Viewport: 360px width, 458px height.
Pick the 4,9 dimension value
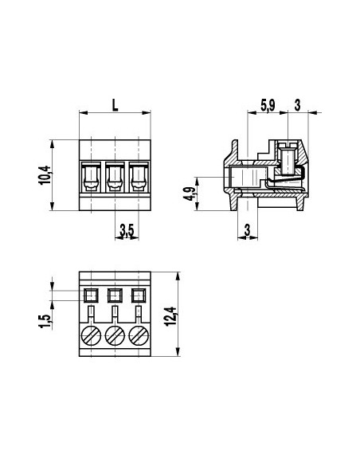pyautogui.click(x=188, y=194)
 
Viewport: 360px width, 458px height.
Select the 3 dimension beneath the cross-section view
pyautogui.click(x=247, y=231)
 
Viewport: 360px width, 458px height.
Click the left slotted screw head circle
pyautogui.click(x=90, y=335)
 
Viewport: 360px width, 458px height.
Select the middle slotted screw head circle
pyautogui.click(x=115, y=335)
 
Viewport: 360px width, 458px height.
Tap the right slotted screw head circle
pyautogui.click(x=139, y=335)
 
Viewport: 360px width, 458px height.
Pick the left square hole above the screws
pyautogui.click(x=90, y=294)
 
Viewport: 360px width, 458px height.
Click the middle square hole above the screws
pyautogui.click(x=115, y=294)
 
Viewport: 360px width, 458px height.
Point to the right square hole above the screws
pyautogui.click(x=139, y=294)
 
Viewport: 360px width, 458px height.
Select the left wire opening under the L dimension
pyautogui.click(x=90, y=176)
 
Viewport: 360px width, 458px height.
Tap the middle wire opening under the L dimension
pyautogui.click(x=115, y=176)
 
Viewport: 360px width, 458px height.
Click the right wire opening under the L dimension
pyautogui.click(x=139, y=176)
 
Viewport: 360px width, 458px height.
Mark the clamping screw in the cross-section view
pyautogui.click(x=288, y=159)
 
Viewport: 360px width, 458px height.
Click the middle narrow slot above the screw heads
pyautogui.click(x=115, y=313)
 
